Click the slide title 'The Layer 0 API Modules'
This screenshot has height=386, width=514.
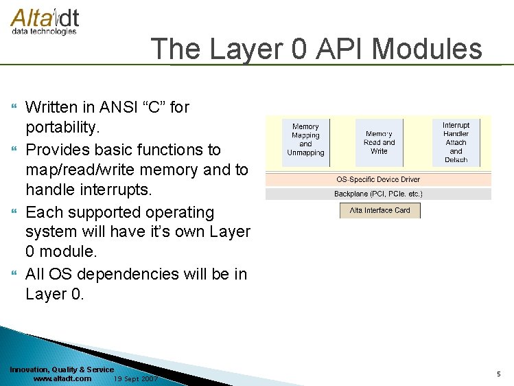coord(316,49)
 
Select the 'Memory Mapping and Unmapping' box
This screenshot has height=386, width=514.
coord(305,140)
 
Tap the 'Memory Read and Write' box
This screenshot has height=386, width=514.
coord(379,142)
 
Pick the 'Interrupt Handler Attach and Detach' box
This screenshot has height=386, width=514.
coord(456,142)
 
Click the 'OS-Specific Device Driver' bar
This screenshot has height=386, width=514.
coord(378,179)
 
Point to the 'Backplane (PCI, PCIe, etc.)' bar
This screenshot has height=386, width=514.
coord(378,194)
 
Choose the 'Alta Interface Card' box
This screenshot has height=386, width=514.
coord(379,210)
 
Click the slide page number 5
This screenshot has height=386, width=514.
coord(499,374)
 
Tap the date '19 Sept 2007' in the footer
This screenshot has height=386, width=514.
coord(136,378)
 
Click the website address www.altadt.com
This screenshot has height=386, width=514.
coord(62,378)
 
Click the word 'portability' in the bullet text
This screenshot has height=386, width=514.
coord(62,128)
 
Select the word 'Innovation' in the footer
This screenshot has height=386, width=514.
coord(28,370)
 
